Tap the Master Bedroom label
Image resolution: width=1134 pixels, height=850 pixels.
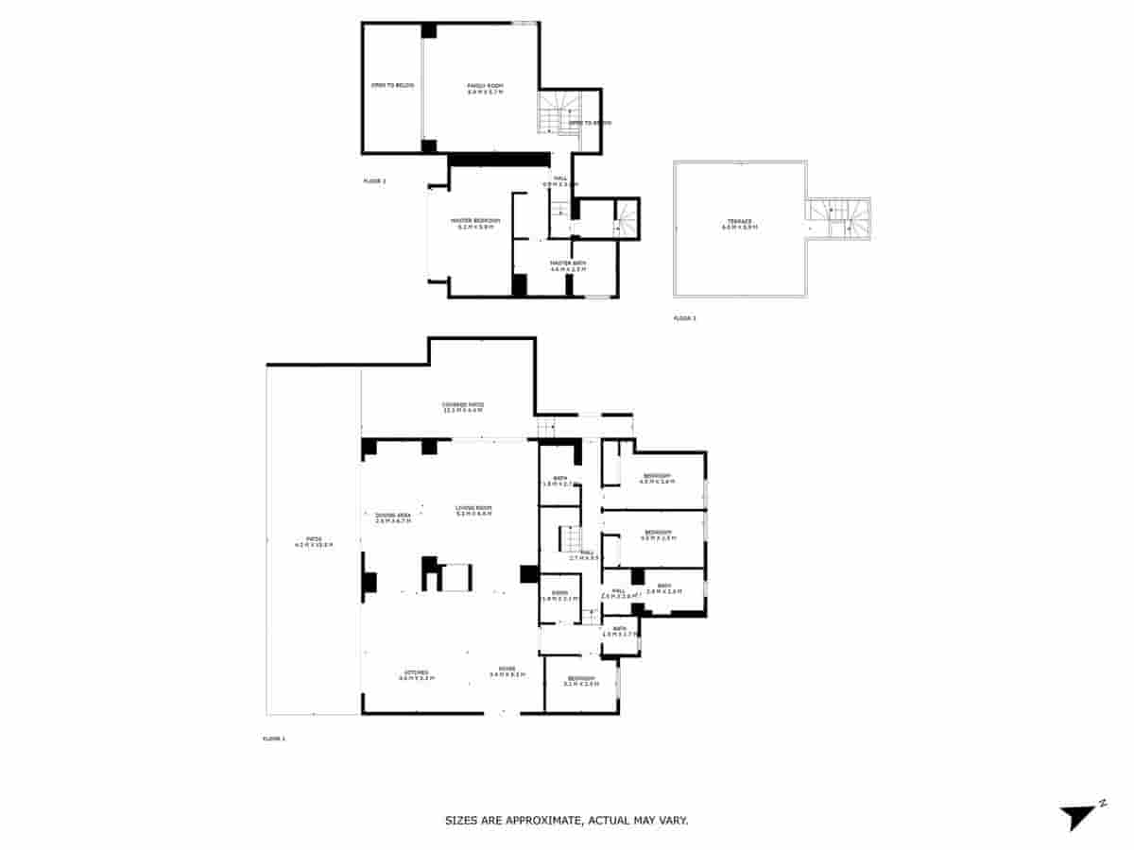coord(478,223)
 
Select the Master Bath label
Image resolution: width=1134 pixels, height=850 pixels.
coord(568,265)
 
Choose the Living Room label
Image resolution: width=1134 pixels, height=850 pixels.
coord(473,511)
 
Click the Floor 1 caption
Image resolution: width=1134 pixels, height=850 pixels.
coord(273,739)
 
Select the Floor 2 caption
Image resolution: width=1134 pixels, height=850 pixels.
coord(374,180)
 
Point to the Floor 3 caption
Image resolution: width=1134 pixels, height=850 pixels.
coord(684,319)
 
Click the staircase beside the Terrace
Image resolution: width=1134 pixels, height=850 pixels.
coord(837,218)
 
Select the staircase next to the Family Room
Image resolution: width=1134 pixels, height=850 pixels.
coord(552,112)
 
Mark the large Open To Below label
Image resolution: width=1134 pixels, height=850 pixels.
coord(391,86)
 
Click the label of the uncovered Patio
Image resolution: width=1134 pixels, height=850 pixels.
coord(314,542)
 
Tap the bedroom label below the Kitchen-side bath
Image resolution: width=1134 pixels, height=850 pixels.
coord(581,681)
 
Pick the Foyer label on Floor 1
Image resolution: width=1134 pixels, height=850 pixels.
coord(501,673)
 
